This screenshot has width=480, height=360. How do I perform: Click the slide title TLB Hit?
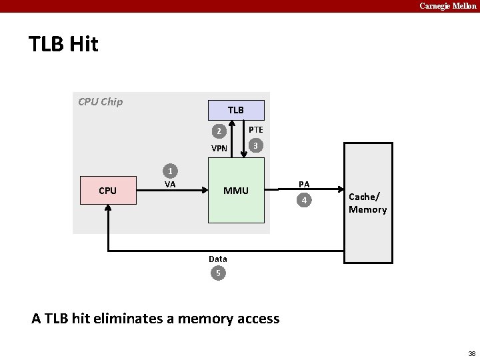coord(63,44)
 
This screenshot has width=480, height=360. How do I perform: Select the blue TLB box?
coord(236,110)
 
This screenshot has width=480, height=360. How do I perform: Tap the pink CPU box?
coord(107,191)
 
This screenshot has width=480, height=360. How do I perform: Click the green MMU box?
coord(236,191)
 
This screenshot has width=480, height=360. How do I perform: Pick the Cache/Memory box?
coord(368,203)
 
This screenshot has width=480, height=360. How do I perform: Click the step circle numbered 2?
coord(217,131)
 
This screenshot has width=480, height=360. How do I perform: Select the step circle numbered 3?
coord(254,145)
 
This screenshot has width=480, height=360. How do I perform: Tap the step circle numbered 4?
coord(304,200)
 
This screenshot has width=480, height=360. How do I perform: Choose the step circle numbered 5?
coord(217,273)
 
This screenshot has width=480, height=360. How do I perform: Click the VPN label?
coord(219,149)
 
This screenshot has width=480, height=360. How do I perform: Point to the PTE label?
coord(256,130)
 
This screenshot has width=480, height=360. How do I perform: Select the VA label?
coord(170,185)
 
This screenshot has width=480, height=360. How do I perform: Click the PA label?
coord(304,183)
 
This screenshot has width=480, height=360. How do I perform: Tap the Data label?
coord(217,259)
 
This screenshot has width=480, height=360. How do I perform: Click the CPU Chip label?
coord(100,102)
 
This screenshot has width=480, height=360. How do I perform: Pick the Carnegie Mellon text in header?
coord(447,5)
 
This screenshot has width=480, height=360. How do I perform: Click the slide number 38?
coord(471,353)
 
